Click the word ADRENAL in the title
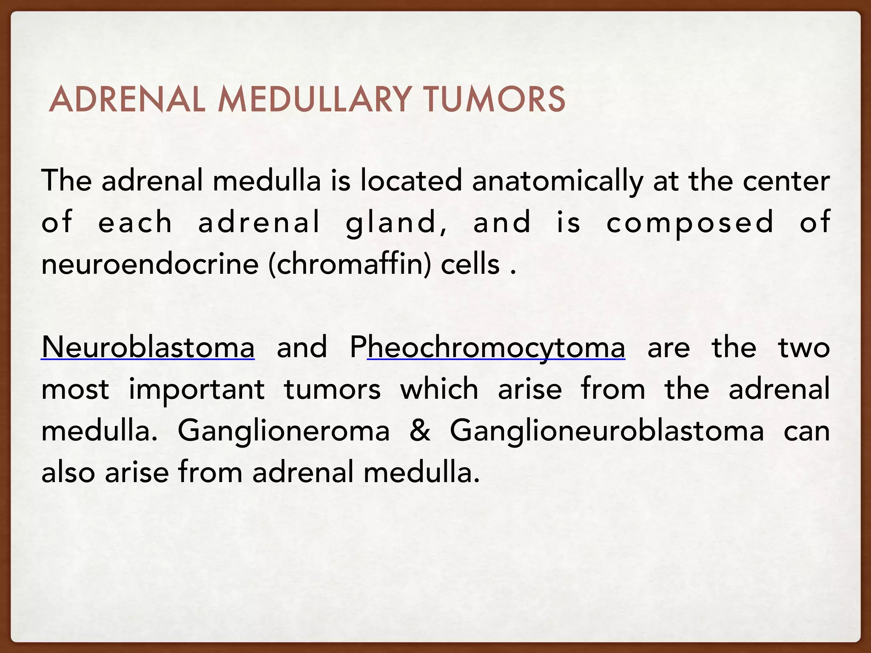pos(127,99)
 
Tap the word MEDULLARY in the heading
pos(315,99)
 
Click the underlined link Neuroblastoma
pos(148,347)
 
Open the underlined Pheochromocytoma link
pos(487,347)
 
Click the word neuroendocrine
pos(150,264)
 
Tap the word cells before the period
pos(470,264)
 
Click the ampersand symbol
pos(420,431)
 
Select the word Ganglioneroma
pos(283,431)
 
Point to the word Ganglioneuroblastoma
pos(606,431)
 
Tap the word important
pos(196,389)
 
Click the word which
pos(439,389)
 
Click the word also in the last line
pos(68,472)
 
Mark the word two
pos(804,347)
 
